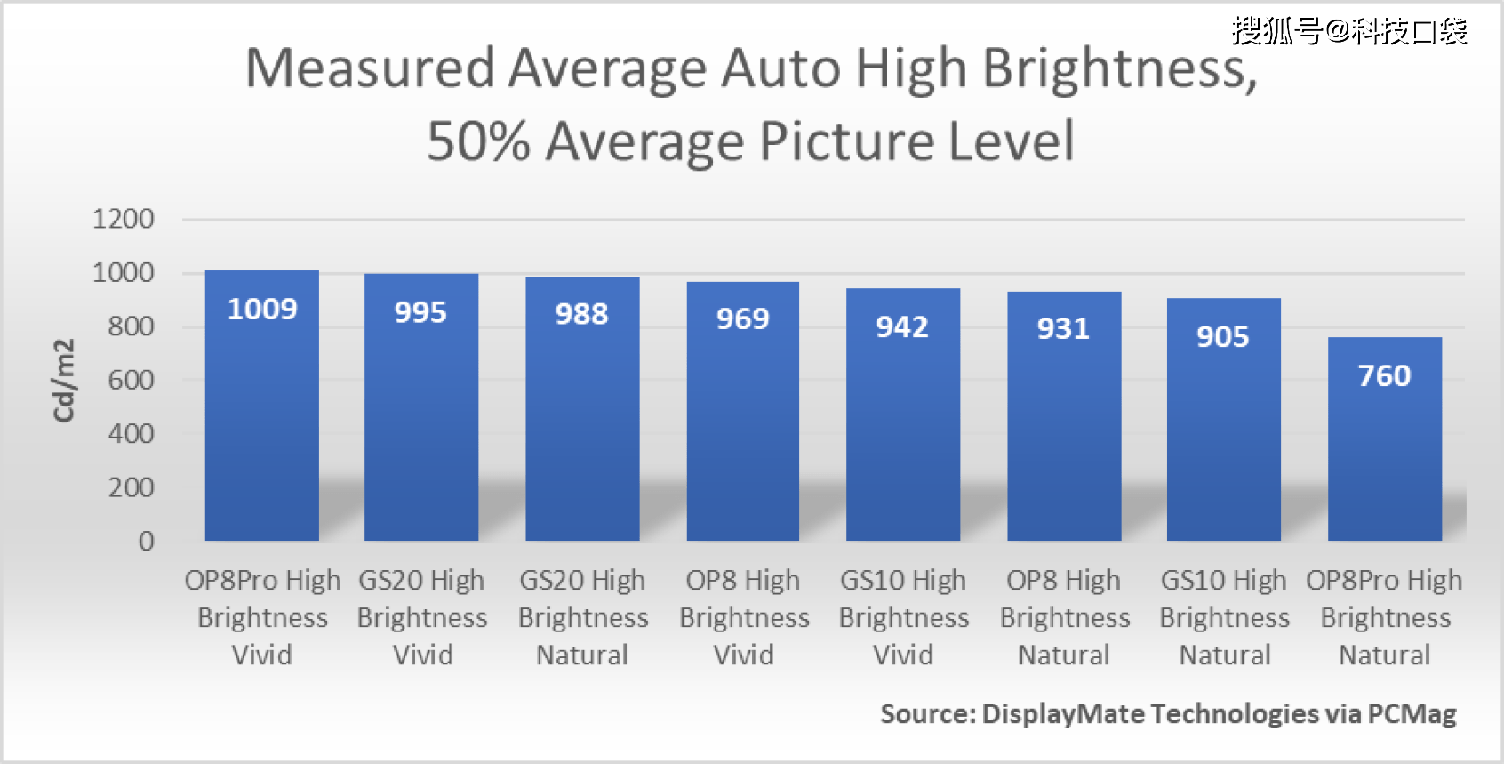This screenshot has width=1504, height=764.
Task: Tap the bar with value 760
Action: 1384,445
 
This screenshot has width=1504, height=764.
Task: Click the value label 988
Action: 581,314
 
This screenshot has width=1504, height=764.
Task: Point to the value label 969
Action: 742,318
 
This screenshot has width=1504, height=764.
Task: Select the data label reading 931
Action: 1063,329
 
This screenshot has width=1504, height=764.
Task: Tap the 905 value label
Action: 1223,337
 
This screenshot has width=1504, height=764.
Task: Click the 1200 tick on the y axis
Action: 124,219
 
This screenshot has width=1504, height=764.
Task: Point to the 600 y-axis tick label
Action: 131,381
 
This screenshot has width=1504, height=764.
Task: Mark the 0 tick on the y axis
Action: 147,542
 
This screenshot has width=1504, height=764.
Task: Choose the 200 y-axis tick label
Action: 131,488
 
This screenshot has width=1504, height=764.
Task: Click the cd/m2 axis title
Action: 64,380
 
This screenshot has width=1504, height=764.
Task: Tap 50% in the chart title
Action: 478,141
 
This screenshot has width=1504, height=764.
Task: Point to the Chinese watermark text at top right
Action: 1348,32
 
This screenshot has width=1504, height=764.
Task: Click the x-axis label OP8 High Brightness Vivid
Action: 743,617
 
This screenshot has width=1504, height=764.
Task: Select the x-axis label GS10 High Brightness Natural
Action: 1224,617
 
